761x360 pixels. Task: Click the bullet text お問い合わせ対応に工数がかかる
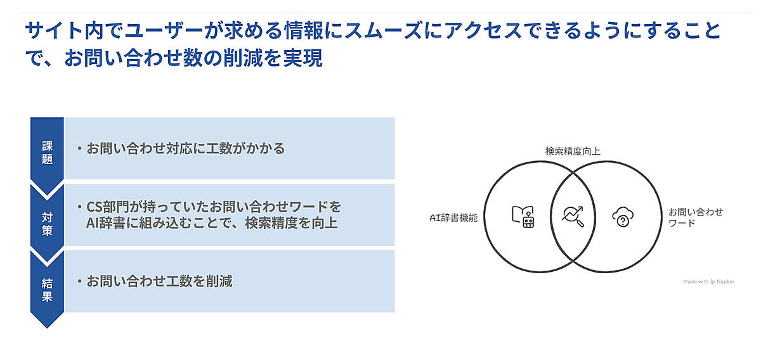[185, 149]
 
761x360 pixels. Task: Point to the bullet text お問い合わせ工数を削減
[159, 281]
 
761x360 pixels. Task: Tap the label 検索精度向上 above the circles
[573, 151]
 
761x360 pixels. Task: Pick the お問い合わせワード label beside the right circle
[696, 217]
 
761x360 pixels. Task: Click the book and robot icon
[524, 217]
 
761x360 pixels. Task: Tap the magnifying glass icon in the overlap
[573, 217]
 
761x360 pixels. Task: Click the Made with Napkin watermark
[708, 281]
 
